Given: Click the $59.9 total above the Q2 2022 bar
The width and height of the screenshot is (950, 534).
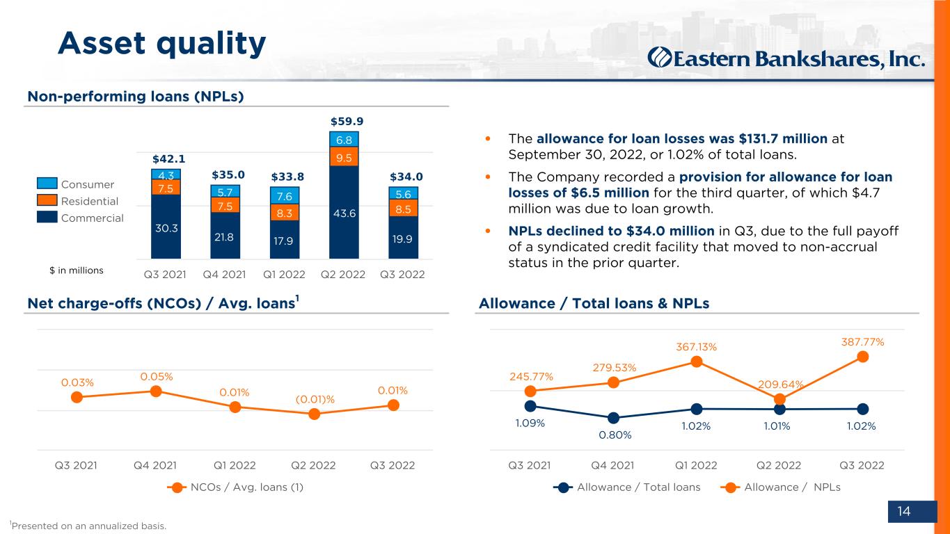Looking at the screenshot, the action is (x=347, y=122).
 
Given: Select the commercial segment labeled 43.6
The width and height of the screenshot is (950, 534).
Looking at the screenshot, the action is (x=344, y=212).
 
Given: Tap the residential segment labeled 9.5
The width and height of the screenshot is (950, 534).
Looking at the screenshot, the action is (x=344, y=156).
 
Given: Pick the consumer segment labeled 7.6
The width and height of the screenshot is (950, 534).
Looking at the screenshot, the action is (x=285, y=195).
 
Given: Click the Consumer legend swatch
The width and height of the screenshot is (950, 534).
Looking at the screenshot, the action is (x=47, y=183).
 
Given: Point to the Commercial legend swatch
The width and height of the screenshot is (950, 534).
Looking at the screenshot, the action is (x=47, y=216).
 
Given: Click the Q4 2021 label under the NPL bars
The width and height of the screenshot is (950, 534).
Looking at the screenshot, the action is (x=224, y=275).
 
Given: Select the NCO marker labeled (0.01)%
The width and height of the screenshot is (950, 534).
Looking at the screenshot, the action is (x=315, y=414).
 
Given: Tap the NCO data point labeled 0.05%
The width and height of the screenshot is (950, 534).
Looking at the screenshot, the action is (x=156, y=391).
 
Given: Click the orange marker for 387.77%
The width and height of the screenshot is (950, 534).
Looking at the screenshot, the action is (x=862, y=357).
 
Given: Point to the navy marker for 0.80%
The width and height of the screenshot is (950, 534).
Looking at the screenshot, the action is (x=613, y=418).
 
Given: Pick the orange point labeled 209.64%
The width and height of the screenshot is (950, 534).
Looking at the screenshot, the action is (x=779, y=399).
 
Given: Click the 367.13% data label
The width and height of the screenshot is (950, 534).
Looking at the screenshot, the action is (x=697, y=347).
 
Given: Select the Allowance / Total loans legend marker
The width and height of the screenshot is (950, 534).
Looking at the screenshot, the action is (x=563, y=487).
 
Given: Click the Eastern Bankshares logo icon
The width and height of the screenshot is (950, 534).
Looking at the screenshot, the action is (x=660, y=58).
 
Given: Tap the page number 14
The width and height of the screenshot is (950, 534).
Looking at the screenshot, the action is (x=904, y=511).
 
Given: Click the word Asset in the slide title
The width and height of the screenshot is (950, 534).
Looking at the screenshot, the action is (x=102, y=43).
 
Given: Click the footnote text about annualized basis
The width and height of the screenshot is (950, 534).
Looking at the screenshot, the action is (x=88, y=526).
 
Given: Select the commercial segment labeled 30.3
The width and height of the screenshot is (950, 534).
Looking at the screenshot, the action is (x=166, y=227).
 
